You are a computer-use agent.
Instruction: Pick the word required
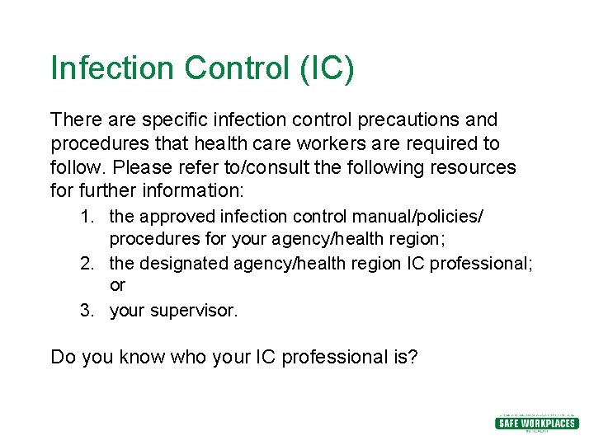432,143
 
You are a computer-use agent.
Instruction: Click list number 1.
87,216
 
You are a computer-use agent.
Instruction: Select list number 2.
87,264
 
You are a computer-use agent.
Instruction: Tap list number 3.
87,311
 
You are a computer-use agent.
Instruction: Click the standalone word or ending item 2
117,285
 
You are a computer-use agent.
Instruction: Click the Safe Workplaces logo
535,423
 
